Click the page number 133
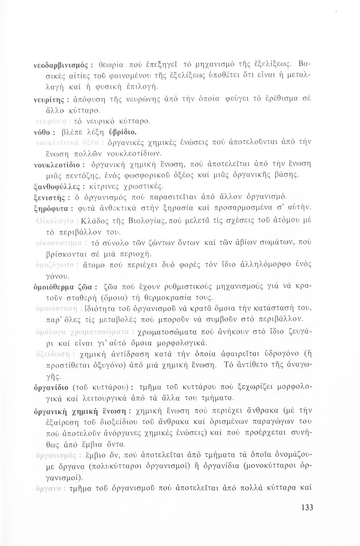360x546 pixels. [x=307, y=508]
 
